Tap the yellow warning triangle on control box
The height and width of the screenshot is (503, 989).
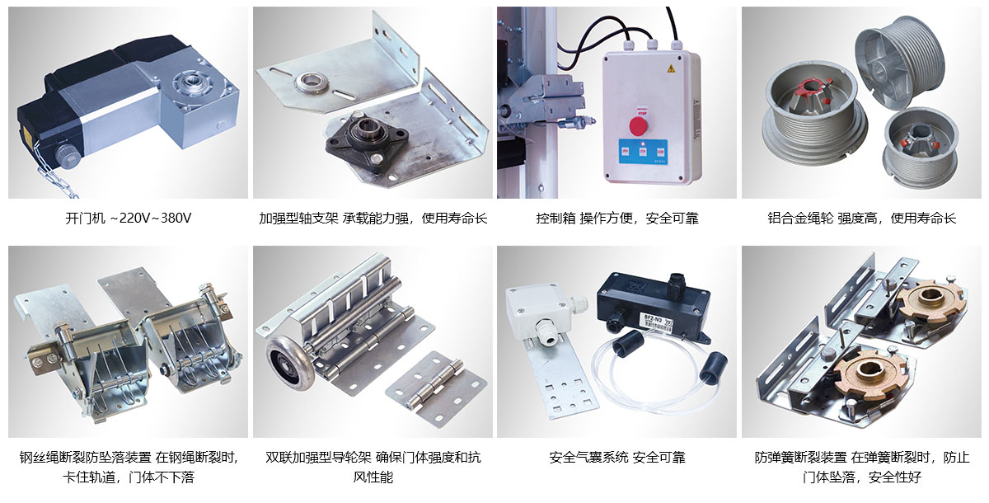click(671, 68)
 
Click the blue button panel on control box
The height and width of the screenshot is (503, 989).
click(643, 152)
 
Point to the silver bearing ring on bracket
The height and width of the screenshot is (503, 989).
click(313, 82)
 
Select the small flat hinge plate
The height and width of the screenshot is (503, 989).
click(436, 388)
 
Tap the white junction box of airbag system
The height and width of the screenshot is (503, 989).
click(540, 314)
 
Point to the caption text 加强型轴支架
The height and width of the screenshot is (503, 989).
click(298, 219)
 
